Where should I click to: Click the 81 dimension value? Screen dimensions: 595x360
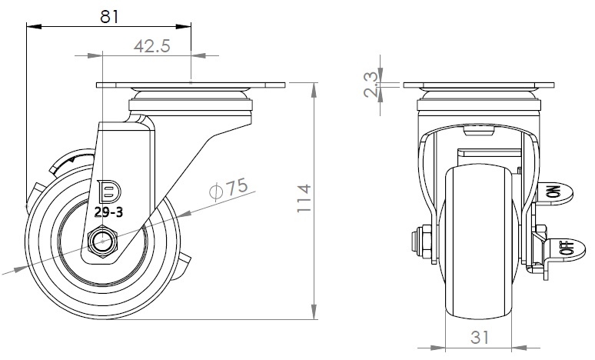click(110, 17)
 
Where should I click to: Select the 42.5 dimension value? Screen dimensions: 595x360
click(152, 46)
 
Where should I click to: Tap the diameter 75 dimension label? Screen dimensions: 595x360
click(229, 188)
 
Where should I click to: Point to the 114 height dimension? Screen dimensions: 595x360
click(304, 198)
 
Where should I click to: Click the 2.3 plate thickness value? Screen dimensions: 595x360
click(371, 85)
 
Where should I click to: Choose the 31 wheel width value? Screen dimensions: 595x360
click(480, 337)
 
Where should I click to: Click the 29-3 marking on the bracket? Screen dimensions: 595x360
click(108, 212)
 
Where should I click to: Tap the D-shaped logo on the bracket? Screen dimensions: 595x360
click(109, 191)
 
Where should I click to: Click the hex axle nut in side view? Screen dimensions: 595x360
click(103, 241)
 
